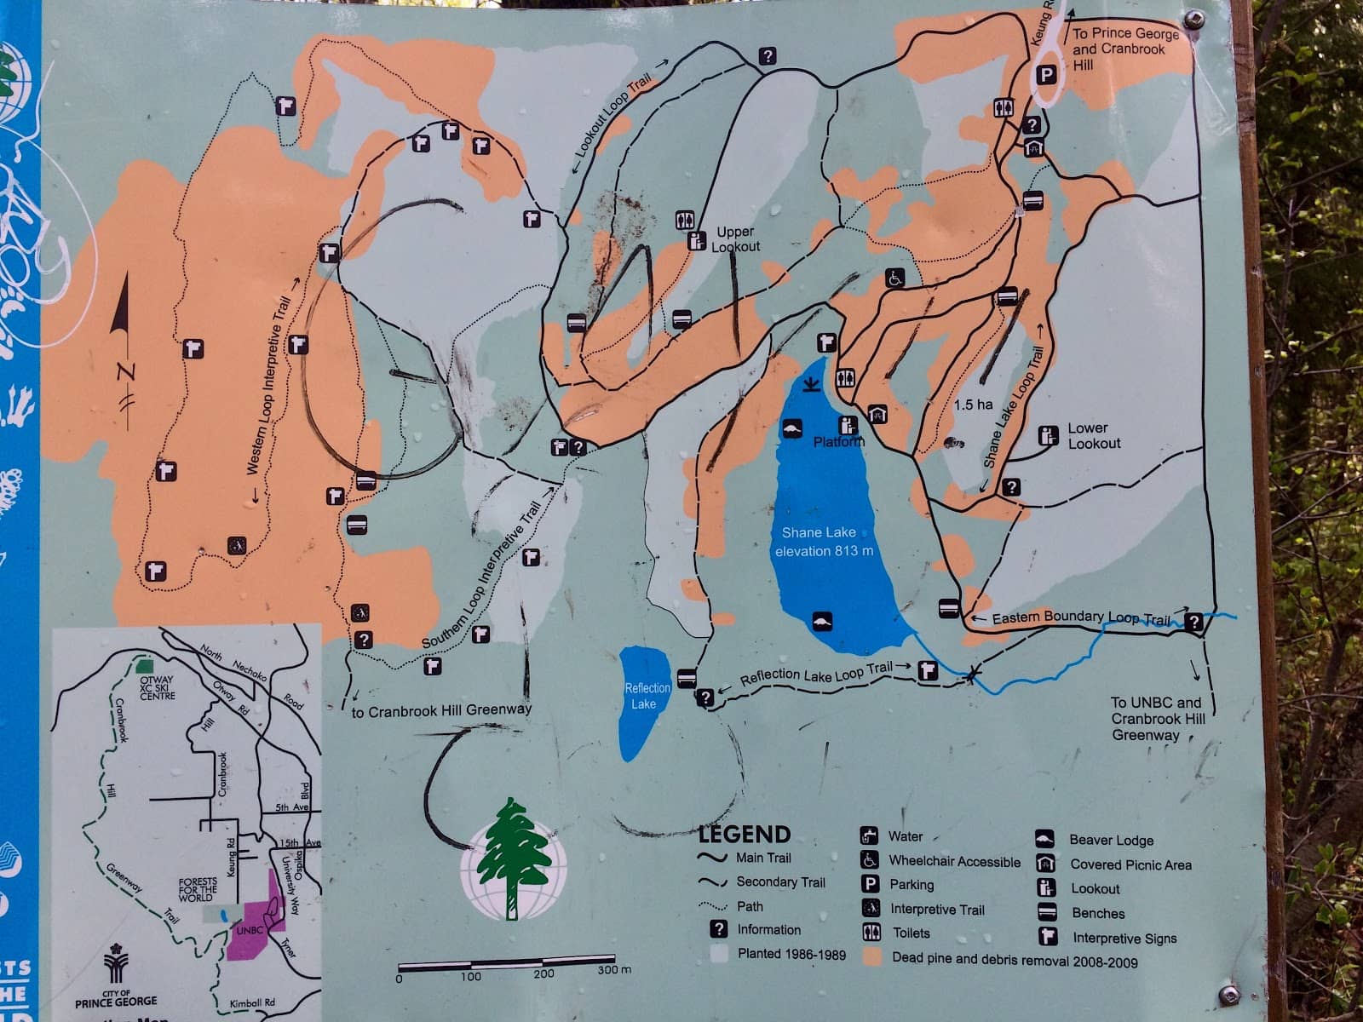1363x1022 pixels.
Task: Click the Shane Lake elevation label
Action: tap(823, 542)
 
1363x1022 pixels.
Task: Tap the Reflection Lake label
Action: tap(647, 696)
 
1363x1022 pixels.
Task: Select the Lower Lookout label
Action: tap(1094, 435)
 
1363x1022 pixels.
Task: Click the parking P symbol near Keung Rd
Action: tap(1046, 75)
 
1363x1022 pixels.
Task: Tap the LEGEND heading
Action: tap(745, 834)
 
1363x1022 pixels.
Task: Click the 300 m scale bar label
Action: tap(613, 970)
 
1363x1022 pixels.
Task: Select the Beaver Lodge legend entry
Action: tap(1111, 840)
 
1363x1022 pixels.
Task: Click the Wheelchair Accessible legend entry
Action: tap(954, 861)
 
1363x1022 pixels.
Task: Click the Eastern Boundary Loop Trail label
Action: tap(1081, 617)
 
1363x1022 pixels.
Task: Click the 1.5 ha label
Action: tap(973, 405)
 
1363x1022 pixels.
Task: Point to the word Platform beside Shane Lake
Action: tap(838, 441)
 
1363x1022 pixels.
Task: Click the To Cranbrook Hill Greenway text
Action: tap(441, 709)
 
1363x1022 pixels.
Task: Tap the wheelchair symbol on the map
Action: tap(895, 278)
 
